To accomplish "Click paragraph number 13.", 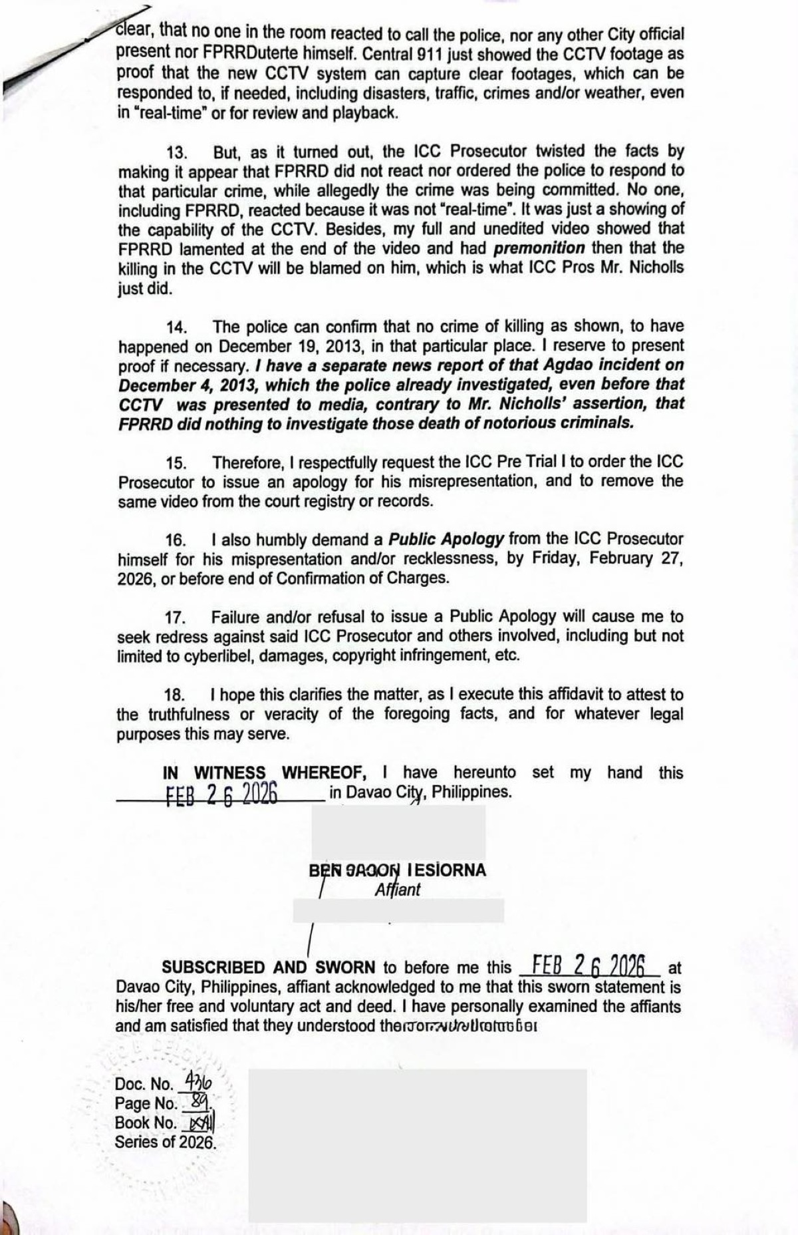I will (176, 153).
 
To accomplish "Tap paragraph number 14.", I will (176, 327).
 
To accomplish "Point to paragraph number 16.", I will (176, 540).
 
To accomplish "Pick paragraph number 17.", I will (176, 618).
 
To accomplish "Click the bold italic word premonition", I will (539, 248).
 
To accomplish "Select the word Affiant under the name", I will (398, 890).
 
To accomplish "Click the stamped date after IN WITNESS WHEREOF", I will (221, 794).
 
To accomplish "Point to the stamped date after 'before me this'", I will (589, 966).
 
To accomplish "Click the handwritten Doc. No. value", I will (194, 1081).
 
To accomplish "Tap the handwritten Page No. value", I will (198, 1103).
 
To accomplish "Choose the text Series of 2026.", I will (166, 1143).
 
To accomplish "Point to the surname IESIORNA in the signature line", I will (447, 870).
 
